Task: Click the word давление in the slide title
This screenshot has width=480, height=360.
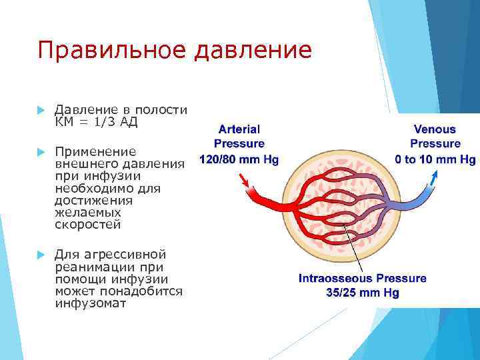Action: coord(253,51)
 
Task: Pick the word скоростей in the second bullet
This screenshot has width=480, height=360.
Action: coord(88,225)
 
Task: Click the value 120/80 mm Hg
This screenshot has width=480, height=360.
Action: coord(239,159)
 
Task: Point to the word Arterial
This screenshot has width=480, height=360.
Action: coord(239,129)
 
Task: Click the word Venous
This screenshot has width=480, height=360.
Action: coord(435,129)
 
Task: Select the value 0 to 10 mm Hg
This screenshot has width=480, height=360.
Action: coord(435,159)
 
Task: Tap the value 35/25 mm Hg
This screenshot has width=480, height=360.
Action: coord(363,293)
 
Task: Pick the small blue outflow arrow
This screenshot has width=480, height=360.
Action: coord(435,178)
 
